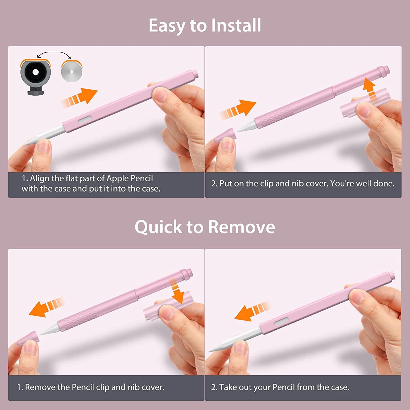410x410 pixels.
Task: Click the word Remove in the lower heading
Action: click(241, 227)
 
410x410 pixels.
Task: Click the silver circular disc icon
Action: click(72, 71)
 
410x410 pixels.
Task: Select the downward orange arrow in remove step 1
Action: click(177, 291)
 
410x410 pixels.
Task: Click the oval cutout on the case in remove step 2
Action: click(282, 322)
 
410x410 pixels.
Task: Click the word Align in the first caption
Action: click(39, 178)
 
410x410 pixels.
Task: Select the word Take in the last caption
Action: click(228, 387)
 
